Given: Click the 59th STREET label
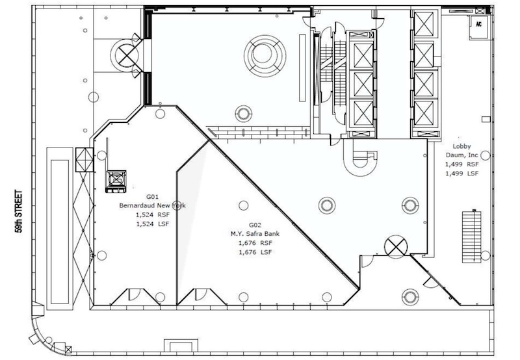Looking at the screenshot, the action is pos(19,211).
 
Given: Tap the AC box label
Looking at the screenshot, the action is pos(478,24).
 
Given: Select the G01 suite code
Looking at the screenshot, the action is pos(152,197).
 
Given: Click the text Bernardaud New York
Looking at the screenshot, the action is pos(152,205).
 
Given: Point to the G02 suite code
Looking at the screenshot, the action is pos(255,225).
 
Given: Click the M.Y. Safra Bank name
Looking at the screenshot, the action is pos(255,234).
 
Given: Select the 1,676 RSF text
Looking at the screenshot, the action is pos(255,243).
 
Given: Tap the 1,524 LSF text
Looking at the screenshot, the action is pos(152,224).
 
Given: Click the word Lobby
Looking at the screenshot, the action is pos(461,146).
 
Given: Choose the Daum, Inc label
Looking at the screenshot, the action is pos(461,155).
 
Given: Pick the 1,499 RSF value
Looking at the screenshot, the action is pos(461,164).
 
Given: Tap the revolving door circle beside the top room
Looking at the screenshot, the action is pos(126,55).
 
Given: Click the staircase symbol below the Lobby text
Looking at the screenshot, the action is pos(472,237).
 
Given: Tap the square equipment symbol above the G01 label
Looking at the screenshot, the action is pos(116,181).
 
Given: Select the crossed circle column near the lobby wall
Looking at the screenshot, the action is pos(396,246).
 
